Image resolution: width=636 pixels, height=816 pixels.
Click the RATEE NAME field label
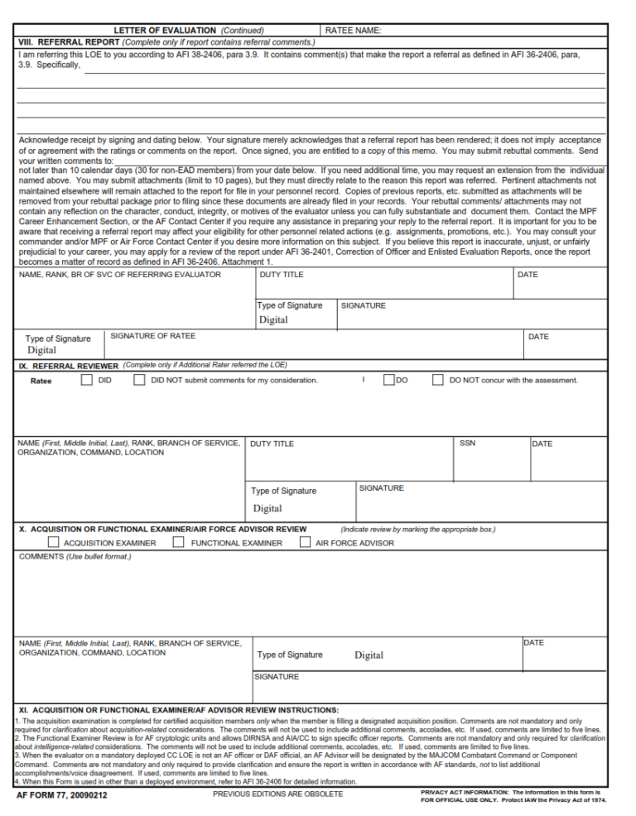354,31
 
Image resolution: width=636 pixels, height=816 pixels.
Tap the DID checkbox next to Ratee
87,380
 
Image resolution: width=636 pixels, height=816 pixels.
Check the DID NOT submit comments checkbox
140,380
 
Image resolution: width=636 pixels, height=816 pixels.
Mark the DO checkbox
389,380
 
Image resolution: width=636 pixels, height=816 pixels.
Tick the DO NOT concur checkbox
438,380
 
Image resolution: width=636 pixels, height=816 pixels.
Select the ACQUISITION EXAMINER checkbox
54,543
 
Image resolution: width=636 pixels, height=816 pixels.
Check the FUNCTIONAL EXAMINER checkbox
178,543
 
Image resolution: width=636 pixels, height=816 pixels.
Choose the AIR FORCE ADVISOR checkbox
304,543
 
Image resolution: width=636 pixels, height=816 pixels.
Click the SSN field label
467,444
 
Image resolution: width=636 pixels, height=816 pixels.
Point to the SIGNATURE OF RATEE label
153,335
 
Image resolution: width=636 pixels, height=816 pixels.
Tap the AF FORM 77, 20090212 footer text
62,796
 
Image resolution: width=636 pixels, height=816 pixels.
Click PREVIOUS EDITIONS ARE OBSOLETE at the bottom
277,794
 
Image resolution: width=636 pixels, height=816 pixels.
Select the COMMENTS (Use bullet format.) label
75,556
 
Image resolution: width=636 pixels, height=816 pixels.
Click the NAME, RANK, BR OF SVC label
119,275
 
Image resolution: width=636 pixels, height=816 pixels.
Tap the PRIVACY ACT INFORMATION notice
513,796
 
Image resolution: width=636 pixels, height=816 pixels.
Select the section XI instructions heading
178,710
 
